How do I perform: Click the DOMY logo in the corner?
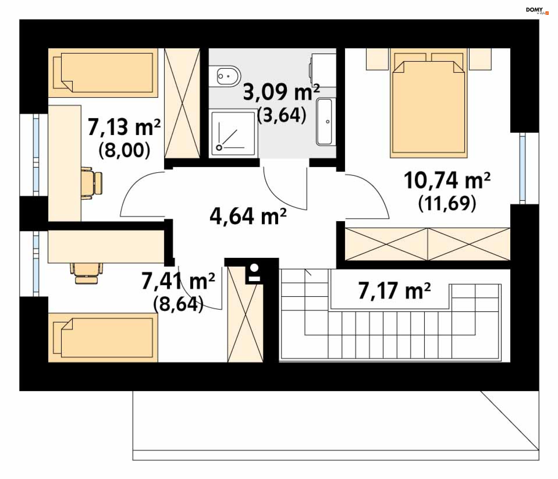pos(537,11)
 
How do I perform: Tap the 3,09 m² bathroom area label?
pos(281,92)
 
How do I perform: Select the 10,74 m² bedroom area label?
pos(447,180)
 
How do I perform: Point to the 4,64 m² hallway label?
pos(248,216)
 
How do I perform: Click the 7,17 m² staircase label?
pos(394,290)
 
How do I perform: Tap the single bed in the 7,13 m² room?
pos(103,73)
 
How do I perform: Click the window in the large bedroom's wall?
pos(522,169)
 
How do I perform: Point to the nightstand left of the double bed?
pos(377,59)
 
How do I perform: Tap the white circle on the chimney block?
pos(254,268)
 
